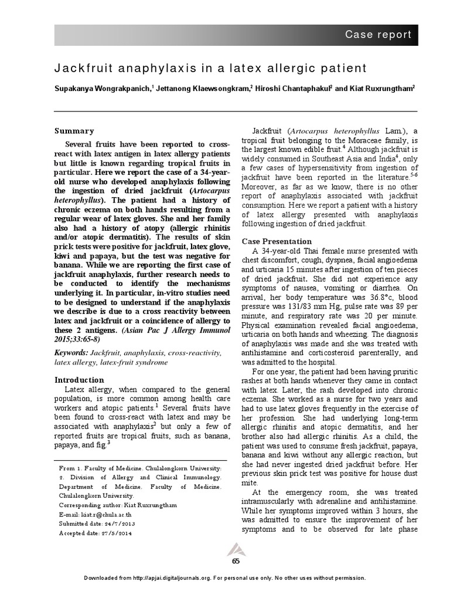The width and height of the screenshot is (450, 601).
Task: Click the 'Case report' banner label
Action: tap(377, 35)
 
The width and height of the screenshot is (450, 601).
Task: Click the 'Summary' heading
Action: tap(74, 131)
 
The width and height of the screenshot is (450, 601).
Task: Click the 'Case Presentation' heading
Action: tap(277, 241)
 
